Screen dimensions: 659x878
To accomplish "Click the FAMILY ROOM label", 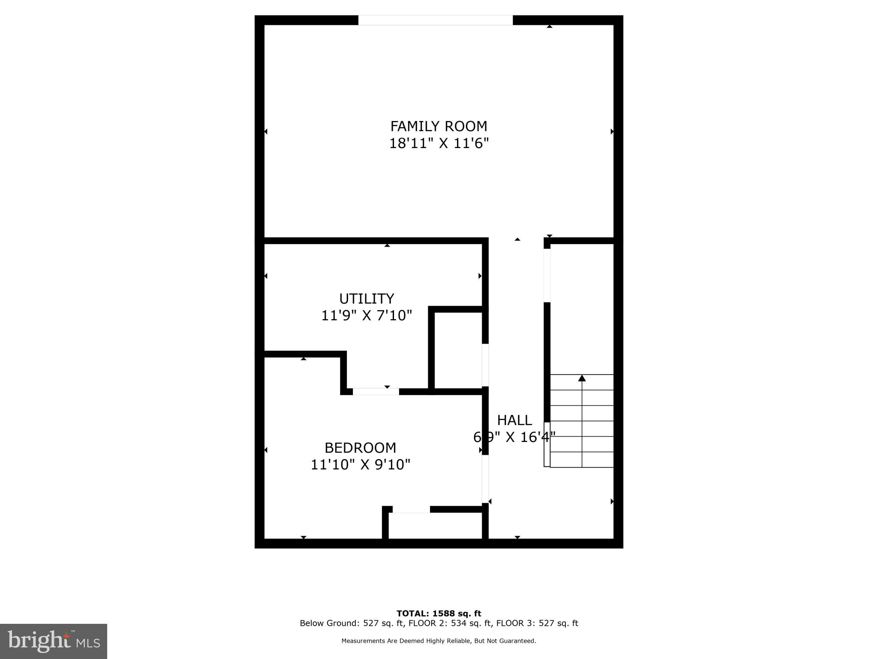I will pos(439,126).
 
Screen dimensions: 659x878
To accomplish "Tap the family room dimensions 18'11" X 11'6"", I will pos(439,143).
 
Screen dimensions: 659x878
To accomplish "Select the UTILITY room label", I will pos(367,299).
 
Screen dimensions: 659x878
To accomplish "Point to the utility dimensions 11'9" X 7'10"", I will pos(367,316).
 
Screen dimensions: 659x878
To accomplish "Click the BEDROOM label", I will pos(360,448).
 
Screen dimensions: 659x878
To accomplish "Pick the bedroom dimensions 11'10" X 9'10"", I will pos(360,465).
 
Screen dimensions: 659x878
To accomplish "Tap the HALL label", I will pos(514,420).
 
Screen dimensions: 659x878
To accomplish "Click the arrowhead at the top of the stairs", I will pos(582,378).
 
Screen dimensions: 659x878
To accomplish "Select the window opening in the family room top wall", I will pos(435,20).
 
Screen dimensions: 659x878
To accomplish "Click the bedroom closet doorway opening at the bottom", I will pos(411,509).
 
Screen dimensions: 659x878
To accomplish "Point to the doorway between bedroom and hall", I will pos(485,478).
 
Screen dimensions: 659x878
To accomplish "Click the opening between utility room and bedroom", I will pos(376,391).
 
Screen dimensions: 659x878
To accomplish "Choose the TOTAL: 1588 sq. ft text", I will pos(439,614).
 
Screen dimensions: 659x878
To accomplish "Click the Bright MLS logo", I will pos(54,641).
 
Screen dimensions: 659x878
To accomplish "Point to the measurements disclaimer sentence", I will pos(439,641).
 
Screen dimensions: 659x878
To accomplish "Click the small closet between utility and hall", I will pos(458,350).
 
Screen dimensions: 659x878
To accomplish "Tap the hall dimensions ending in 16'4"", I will pos(514,437).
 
